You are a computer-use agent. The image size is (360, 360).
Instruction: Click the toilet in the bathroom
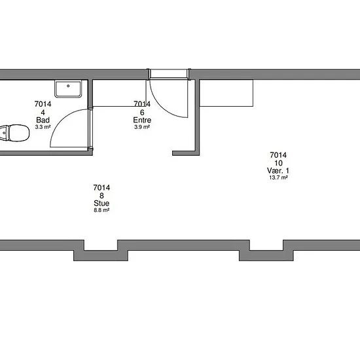14,133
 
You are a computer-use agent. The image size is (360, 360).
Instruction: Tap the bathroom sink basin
68,88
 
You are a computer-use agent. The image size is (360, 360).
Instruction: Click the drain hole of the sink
68,86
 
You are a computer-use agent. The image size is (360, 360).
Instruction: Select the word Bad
43,120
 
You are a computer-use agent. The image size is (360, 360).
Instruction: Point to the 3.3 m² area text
43,127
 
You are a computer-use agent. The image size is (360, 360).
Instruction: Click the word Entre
142,120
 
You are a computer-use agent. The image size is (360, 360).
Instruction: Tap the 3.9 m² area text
142,127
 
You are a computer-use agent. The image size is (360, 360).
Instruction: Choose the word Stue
101,203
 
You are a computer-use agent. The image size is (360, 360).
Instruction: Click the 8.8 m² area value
101,210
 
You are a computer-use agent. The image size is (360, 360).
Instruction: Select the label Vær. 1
278,171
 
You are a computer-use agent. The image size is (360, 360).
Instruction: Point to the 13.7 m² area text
278,177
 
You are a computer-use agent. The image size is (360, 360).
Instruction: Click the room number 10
278,163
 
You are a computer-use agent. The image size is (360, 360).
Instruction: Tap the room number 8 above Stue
101,196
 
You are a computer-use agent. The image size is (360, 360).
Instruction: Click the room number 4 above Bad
43,113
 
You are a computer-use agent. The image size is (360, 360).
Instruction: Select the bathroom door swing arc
61,120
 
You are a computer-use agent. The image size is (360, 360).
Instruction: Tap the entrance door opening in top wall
168,74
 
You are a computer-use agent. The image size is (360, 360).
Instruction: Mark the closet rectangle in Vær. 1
226,93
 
